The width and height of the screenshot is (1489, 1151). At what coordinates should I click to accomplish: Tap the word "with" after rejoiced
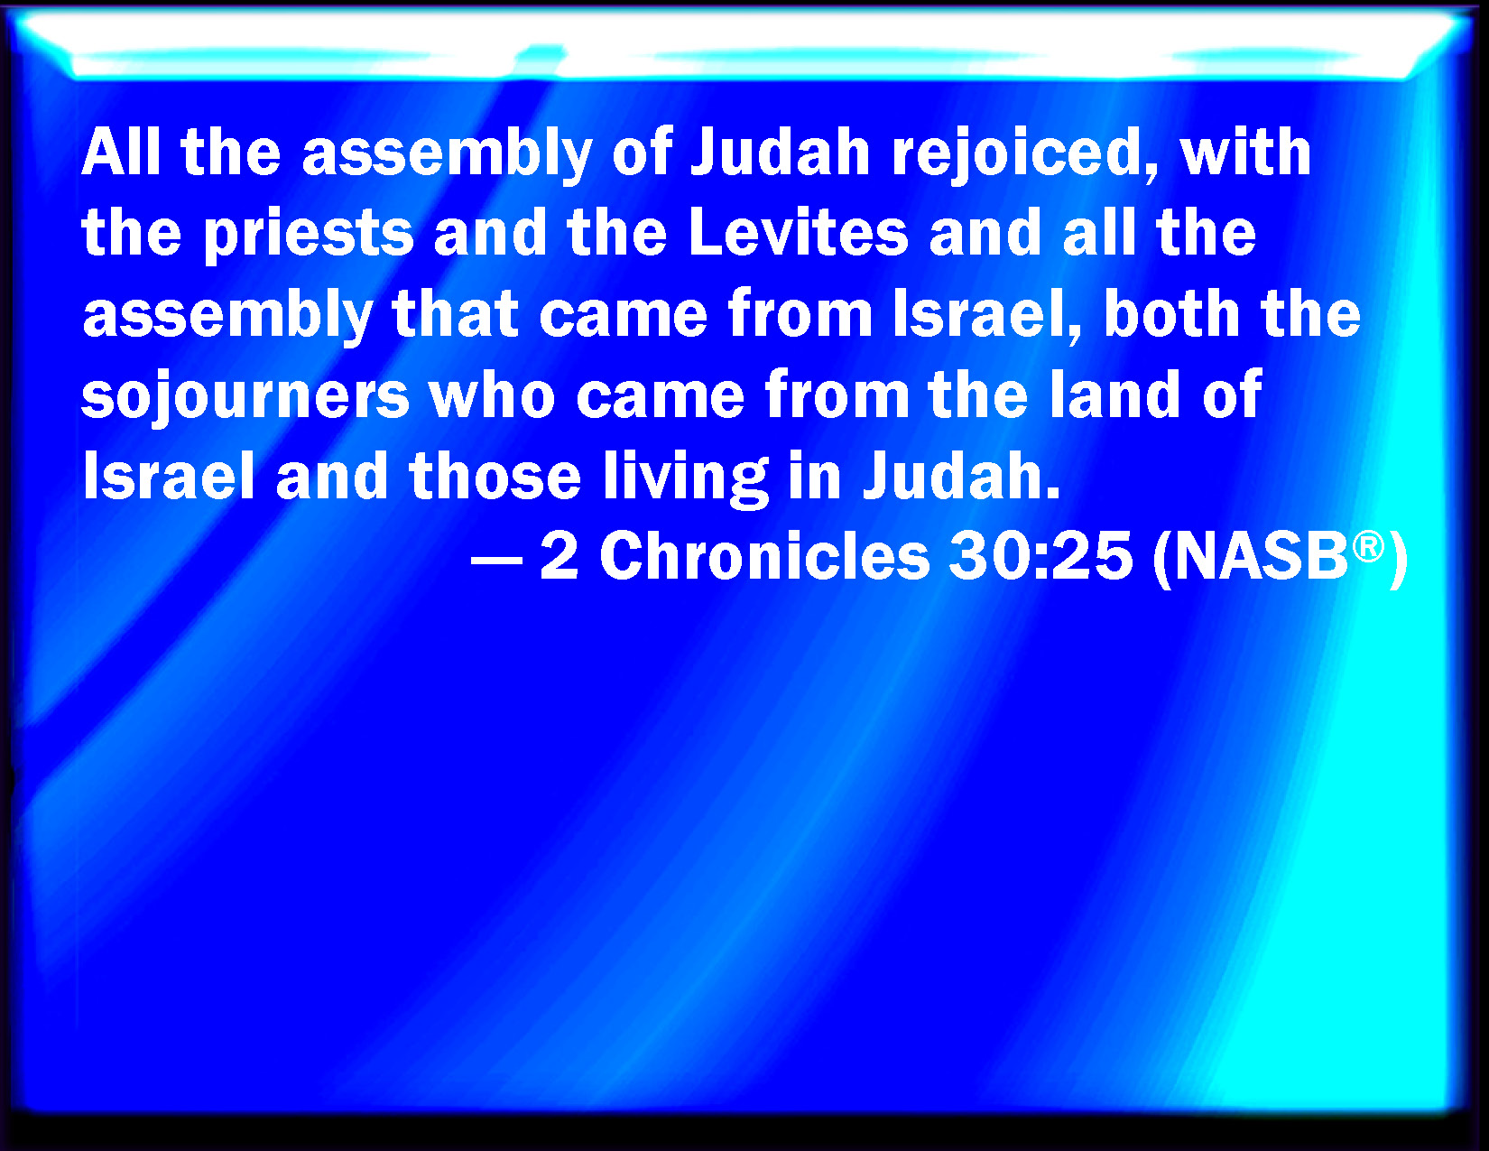(x=1245, y=152)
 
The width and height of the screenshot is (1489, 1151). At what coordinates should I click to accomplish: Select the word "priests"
(x=309, y=237)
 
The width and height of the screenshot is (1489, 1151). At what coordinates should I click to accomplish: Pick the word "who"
(x=492, y=394)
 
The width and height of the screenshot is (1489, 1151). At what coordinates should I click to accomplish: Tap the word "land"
(x=1114, y=394)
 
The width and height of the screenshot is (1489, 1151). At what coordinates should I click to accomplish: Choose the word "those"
(x=495, y=476)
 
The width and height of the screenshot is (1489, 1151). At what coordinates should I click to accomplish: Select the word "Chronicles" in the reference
(x=764, y=557)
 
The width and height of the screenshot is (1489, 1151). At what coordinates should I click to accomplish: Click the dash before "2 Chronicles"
(x=497, y=562)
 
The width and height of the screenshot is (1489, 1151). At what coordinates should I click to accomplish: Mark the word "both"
(x=1171, y=314)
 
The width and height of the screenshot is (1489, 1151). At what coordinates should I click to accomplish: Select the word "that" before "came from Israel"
(x=455, y=314)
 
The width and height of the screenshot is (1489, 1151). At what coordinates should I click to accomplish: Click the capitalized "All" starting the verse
(x=121, y=152)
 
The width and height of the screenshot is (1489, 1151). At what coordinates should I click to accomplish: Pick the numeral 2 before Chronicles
(x=560, y=557)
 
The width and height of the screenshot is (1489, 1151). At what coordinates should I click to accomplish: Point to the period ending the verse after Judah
(x=1053, y=493)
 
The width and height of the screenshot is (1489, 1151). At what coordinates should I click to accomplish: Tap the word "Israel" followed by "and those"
(x=169, y=476)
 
